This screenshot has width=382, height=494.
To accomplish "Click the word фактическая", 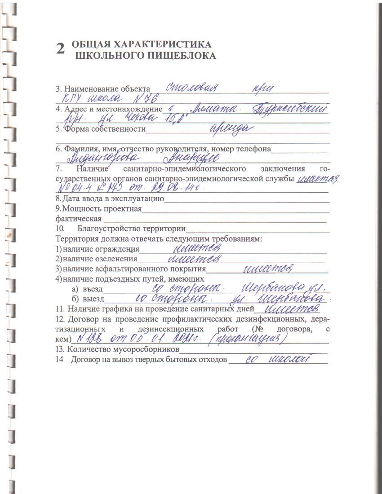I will (x=79, y=219).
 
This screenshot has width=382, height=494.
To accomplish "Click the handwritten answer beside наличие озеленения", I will (x=196, y=259).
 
